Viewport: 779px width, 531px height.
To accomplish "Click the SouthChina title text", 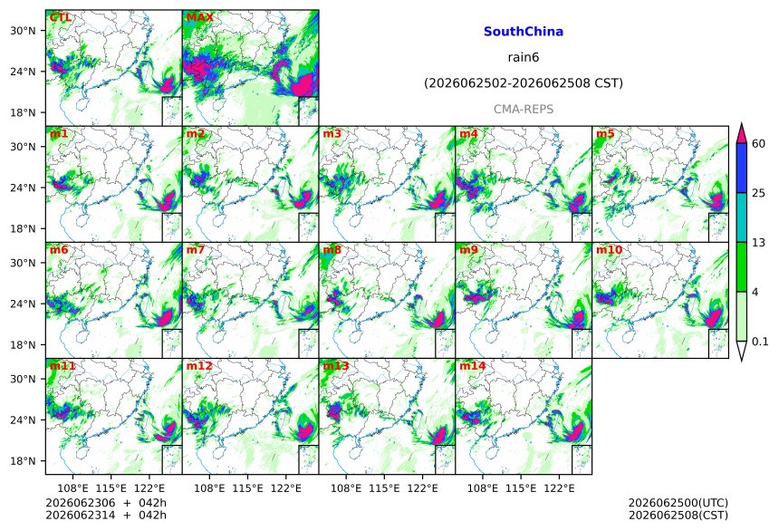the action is coord(524,32).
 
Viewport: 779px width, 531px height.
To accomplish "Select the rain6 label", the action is coord(524,57).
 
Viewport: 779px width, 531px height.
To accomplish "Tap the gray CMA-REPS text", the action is coord(524,109).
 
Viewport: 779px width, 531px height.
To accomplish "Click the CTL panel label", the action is coord(61,17).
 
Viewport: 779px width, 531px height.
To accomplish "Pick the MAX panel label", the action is coord(199,17).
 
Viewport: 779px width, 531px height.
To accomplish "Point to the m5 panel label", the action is coord(605,134).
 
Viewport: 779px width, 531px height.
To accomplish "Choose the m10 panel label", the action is coord(609,249).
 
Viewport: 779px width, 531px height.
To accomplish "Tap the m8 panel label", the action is coord(332,249).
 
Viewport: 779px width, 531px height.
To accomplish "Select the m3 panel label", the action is coord(332,134).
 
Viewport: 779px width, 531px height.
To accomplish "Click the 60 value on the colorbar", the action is coord(758,144).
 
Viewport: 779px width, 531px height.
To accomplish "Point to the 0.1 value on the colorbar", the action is coord(760,342).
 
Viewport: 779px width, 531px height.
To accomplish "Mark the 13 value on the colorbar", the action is coord(758,243).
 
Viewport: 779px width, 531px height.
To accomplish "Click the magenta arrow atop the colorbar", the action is coord(741,133).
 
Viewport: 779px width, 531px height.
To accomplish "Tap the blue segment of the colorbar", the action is coord(741,168).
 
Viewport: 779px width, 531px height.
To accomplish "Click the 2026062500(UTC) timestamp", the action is coord(678,503).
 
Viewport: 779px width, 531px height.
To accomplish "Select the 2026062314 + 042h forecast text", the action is coord(106,515).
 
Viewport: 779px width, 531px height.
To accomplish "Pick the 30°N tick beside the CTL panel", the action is coord(23,31).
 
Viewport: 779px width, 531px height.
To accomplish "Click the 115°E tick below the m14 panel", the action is coord(521,488).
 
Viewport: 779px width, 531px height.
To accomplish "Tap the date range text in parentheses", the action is coord(524,83).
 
